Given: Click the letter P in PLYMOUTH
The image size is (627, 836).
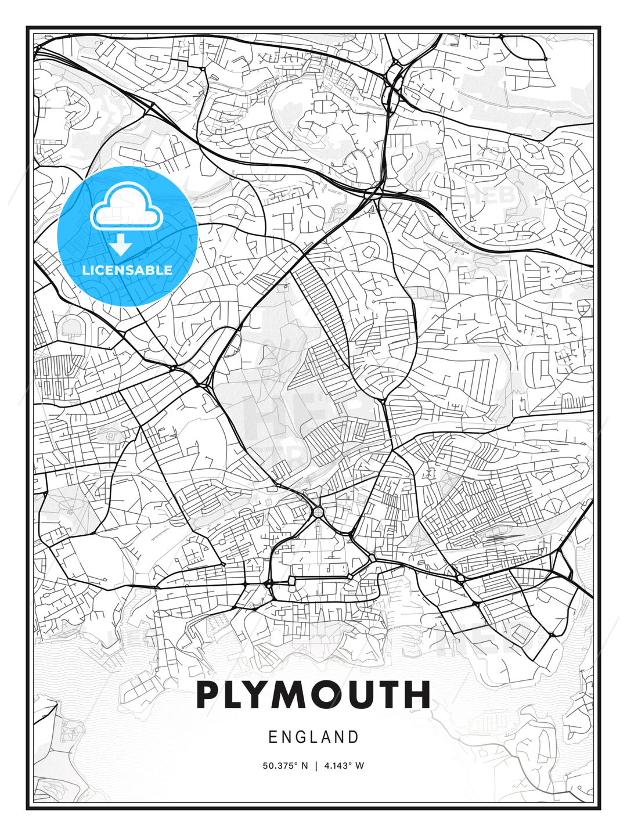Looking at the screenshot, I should (x=211, y=695).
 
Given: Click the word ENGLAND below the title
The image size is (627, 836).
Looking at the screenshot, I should (x=313, y=737).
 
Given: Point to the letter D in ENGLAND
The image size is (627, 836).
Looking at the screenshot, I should (x=354, y=737).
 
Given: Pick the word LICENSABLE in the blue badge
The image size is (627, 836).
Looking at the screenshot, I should (x=127, y=270).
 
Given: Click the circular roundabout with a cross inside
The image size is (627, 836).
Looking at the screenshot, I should (x=318, y=512).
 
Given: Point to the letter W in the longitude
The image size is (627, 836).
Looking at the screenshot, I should (x=360, y=766).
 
